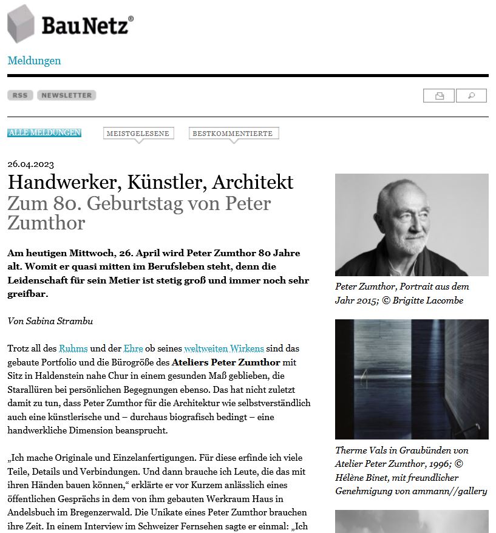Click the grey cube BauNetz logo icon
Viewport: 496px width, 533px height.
pos(21,24)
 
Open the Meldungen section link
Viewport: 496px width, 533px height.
pos(34,61)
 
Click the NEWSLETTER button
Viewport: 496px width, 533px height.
pos(67,95)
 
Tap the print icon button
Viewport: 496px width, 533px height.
pos(440,96)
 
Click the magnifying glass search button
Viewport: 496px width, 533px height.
pos(472,96)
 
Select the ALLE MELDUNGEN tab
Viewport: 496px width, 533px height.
pos(44,133)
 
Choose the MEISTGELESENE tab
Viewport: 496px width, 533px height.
pos(138,134)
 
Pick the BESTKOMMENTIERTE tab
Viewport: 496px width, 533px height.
pos(233,134)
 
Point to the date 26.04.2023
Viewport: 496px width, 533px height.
pos(30,164)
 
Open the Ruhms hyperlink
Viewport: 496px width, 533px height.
pos(73,348)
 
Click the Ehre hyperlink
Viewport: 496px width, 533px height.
pos(133,348)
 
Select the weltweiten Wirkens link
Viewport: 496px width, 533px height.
pos(224,348)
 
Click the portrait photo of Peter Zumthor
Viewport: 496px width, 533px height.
pos(412,225)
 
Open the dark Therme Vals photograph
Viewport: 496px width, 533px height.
pos(412,379)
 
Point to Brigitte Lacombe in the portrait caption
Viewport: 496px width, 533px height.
pos(431,300)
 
